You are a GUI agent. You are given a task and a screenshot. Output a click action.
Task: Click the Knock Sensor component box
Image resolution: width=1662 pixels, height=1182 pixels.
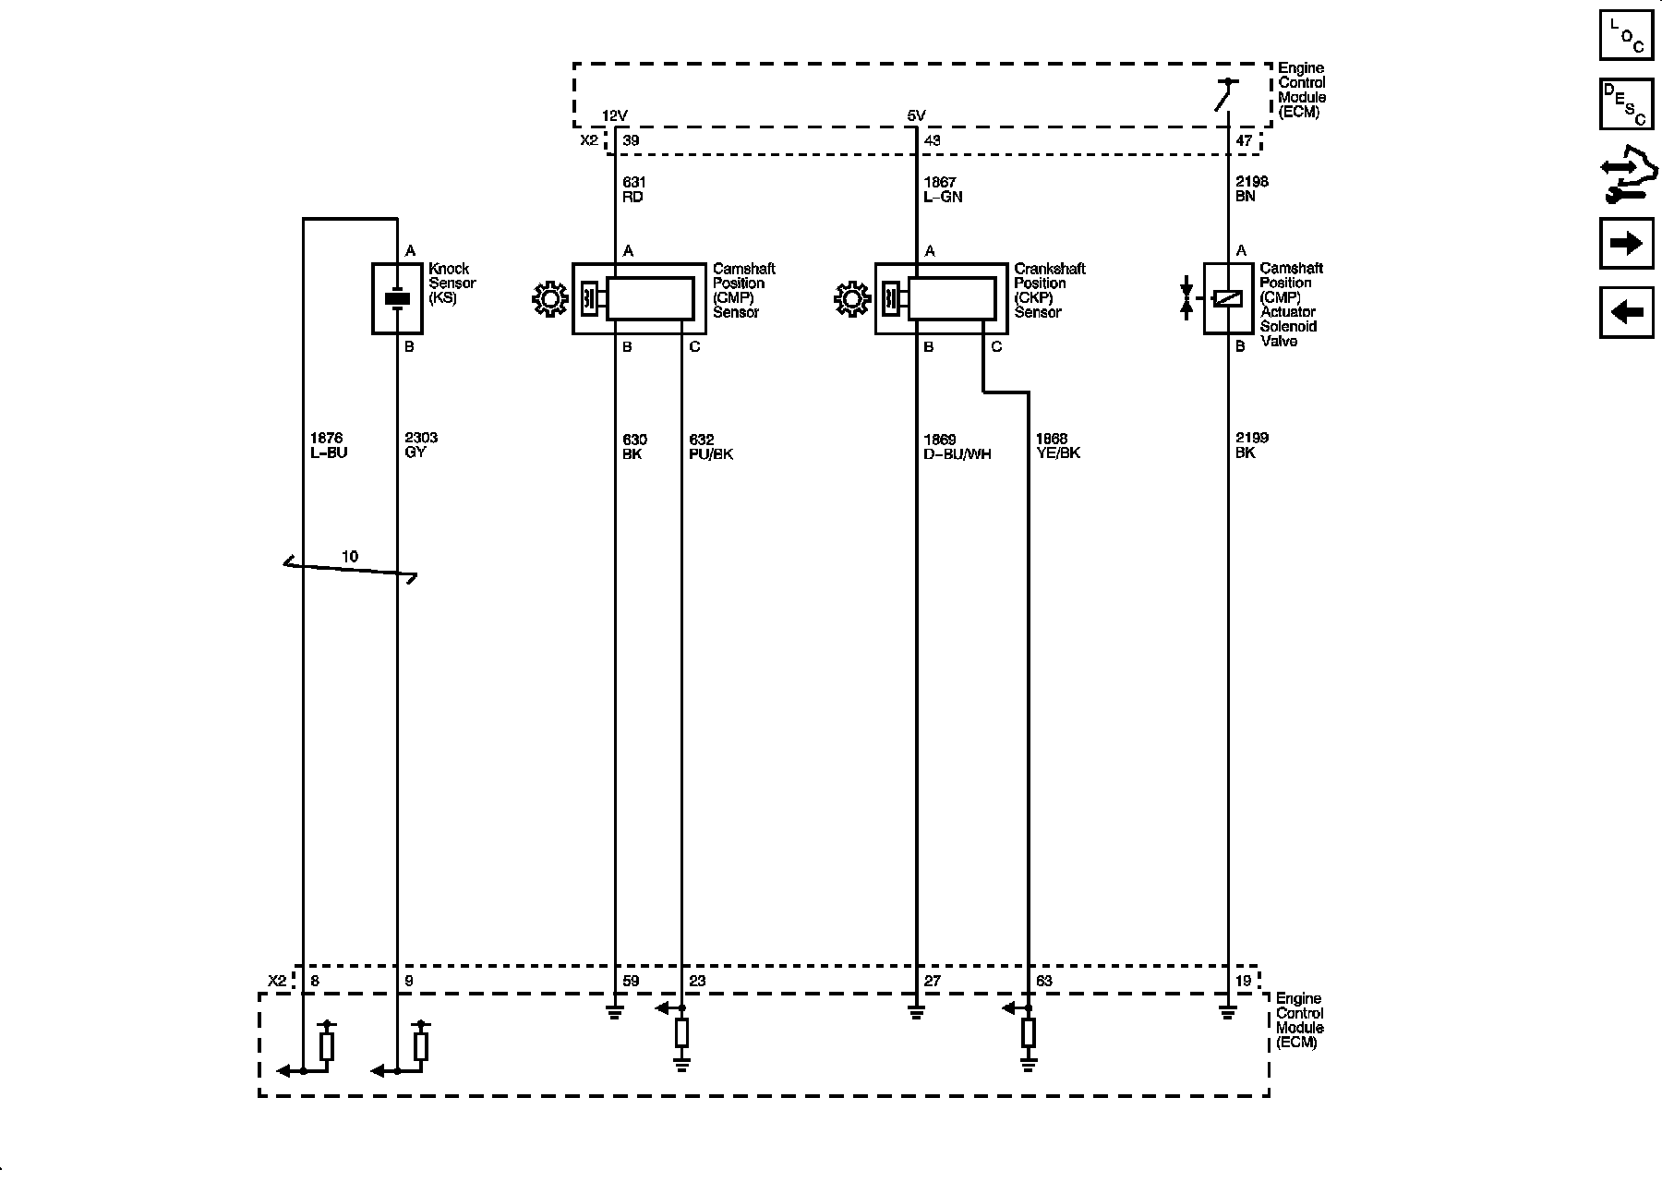(397, 298)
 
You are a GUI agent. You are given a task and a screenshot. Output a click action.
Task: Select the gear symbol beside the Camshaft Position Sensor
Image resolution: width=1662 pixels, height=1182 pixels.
(550, 299)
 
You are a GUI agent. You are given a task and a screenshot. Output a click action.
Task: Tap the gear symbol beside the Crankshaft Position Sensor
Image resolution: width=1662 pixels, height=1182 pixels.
(851, 299)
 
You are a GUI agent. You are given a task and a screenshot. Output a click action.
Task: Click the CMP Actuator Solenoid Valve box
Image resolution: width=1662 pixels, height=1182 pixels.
(1227, 298)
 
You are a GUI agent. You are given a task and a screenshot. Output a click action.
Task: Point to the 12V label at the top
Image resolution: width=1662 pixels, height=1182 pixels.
(615, 115)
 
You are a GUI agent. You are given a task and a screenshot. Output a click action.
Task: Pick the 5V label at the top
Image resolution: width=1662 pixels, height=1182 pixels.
(916, 115)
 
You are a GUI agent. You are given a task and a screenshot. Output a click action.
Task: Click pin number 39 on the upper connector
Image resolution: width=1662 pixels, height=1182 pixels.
(632, 141)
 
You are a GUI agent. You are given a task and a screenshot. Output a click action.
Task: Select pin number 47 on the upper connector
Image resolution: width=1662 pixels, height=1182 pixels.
(1244, 141)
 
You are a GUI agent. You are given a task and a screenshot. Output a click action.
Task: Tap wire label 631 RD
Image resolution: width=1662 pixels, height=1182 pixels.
(633, 189)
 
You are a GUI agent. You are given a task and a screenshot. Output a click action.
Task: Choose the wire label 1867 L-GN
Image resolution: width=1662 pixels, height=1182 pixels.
(943, 189)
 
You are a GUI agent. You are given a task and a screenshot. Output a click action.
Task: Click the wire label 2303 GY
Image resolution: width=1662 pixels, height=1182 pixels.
(421, 445)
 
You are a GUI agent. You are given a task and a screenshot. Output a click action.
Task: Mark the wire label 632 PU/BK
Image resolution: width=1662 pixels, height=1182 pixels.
(711, 447)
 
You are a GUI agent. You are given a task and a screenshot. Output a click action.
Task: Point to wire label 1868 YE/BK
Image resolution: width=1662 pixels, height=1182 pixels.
(1058, 446)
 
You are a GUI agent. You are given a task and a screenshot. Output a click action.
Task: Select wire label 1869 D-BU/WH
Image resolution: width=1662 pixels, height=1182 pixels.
(957, 447)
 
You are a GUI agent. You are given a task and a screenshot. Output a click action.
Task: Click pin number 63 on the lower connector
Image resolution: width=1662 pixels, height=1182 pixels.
(1043, 981)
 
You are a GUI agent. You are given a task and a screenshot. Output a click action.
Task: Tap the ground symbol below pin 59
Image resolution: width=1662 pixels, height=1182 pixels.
(614, 1013)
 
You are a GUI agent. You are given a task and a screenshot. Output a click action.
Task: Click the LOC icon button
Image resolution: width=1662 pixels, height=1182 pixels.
(1626, 34)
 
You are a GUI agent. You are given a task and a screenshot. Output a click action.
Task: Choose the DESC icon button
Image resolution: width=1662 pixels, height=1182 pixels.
(1626, 103)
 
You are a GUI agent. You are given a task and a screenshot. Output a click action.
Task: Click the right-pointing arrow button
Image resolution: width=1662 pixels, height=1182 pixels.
(1626, 243)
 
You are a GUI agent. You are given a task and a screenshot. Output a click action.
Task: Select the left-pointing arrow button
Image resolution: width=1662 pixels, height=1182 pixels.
(1626, 312)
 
